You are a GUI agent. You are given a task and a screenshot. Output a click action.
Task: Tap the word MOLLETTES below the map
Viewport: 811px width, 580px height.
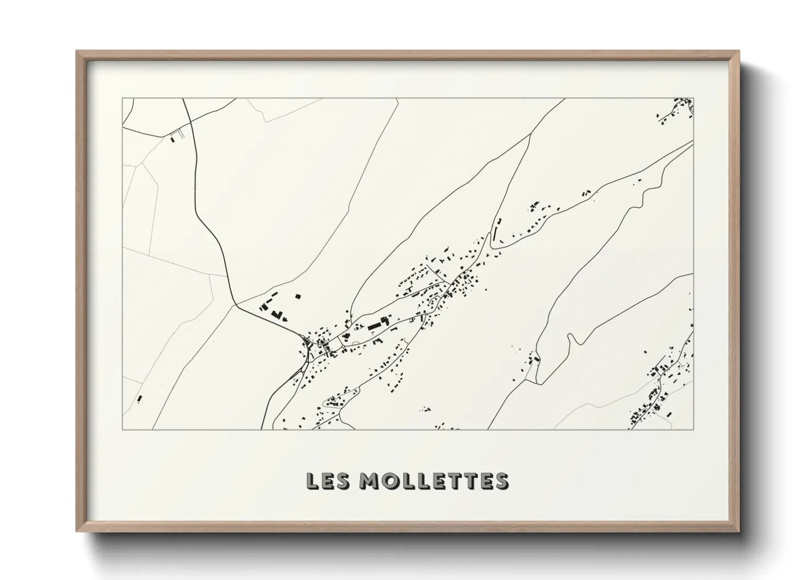pos(435,481)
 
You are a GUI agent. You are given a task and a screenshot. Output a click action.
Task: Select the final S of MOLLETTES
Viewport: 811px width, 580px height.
pos(502,481)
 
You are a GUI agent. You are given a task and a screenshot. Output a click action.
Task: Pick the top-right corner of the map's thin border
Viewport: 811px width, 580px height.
pos(694,99)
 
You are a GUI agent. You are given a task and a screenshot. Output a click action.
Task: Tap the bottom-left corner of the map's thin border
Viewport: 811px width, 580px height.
pos(123,429)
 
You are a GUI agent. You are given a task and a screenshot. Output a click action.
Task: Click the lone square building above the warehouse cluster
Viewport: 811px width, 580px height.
pos(298,296)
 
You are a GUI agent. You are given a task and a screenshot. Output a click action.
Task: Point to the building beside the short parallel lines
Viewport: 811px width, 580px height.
pos(174,139)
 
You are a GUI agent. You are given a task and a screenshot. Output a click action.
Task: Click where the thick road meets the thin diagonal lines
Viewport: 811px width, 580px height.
pos(236,305)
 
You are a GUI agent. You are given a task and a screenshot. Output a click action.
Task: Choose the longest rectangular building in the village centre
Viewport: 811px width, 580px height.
pos(375,326)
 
